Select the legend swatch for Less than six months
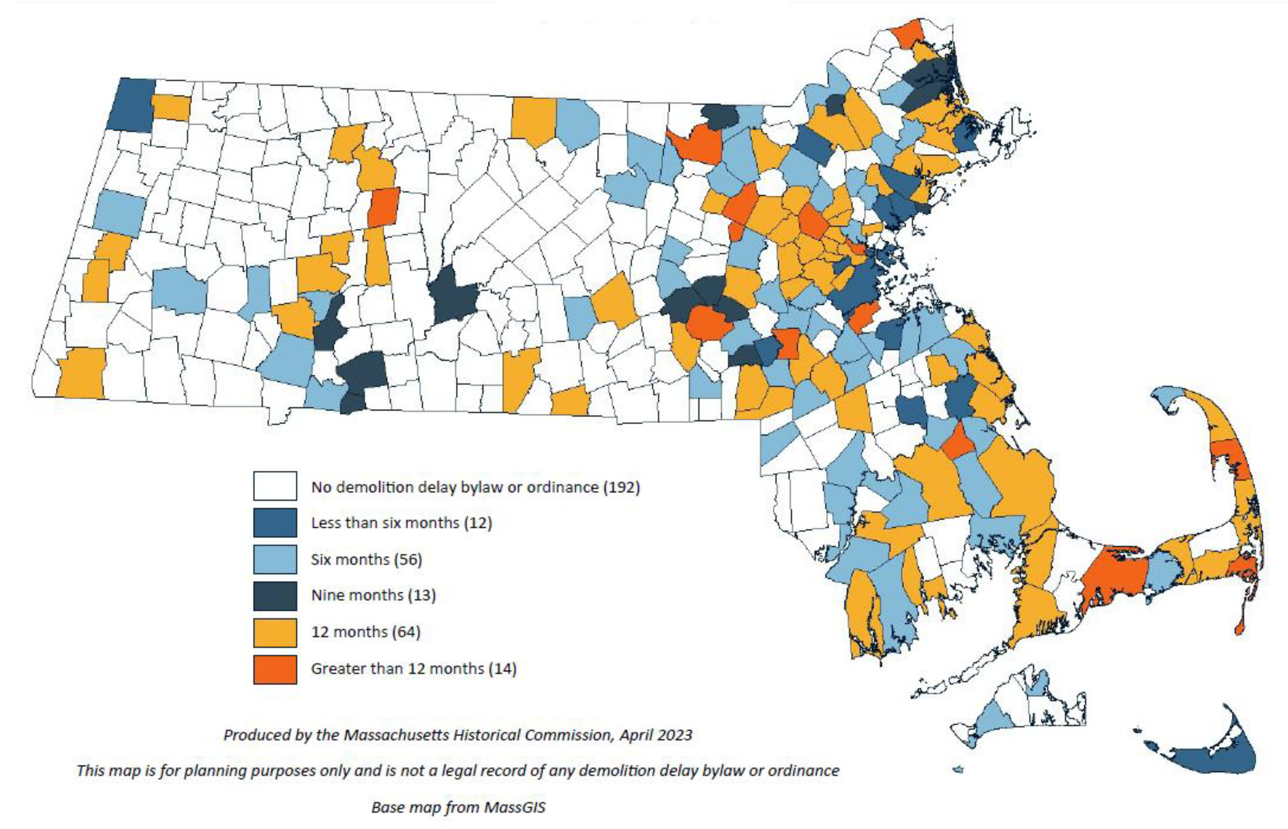point(275,522)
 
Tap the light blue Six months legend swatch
point(275,559)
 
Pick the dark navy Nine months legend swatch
point(275,595)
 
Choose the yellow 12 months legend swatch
point(275,632)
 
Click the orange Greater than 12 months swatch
point(275,669)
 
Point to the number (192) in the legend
point(621,487)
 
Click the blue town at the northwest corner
point(132,105)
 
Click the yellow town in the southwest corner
point(81,374)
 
